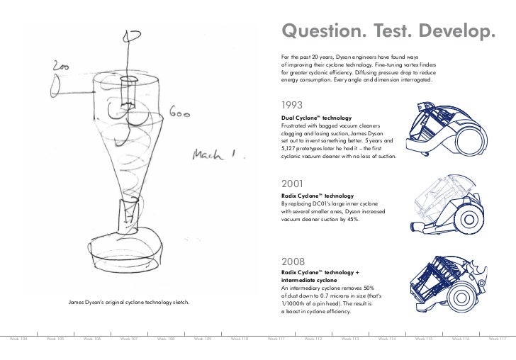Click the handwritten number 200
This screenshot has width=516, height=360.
pyautogui.click(x=60, y=67)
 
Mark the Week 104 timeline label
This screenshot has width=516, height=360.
pyautogui.click(x=18, y=339)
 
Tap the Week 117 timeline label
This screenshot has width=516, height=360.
pyautogui.click(x=498, y=339)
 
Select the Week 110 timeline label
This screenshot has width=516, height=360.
pyautogui.click(x=240, y=339)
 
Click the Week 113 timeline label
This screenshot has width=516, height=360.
pyautogui.click(x=350, y=339)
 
